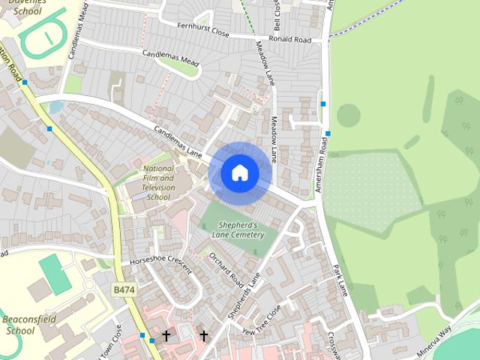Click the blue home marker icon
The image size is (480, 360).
tap(240, 173)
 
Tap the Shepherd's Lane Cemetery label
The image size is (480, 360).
tap(241, 229)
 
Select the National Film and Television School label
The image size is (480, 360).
tap(158, 183)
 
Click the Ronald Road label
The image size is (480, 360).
tap(289, 39)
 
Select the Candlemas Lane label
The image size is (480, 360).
tap(178, 142)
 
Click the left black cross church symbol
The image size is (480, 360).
tap(166, 335)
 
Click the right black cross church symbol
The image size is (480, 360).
tap(203, 335)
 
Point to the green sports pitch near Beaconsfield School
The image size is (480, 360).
tap(55, 274)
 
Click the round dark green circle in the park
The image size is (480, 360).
tap(347, 115)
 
